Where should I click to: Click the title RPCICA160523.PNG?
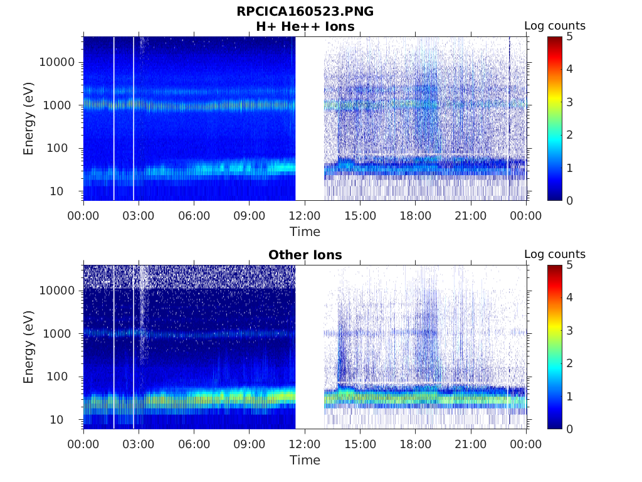pos(305,11)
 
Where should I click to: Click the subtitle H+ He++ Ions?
pos(305,26)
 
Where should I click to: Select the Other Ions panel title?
pos(305,255)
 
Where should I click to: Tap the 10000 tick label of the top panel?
pos(57,62)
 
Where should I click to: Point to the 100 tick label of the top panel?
pos(63,148)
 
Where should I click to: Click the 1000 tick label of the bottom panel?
pos(60,333)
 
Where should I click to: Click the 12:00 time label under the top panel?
pos(305,216)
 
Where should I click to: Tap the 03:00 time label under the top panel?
pos(139,216)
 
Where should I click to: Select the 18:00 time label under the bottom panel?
pos(416,444)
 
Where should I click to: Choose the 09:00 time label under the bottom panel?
pos(250,444)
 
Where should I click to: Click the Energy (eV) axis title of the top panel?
pos(29,118)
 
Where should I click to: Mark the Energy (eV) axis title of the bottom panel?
pos(29,346)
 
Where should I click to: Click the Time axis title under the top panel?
pos(305,232)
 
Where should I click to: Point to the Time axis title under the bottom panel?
pos(305,460)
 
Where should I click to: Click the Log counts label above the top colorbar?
pos(555,26)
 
